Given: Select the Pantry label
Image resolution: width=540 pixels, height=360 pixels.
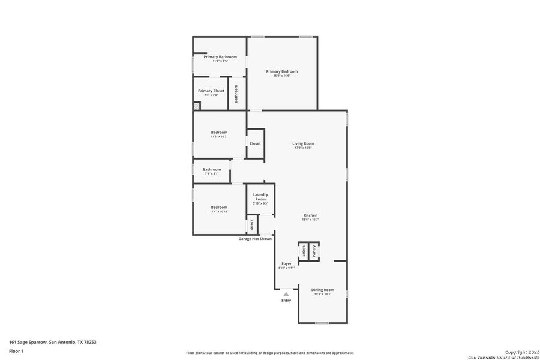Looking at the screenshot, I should point(313,251).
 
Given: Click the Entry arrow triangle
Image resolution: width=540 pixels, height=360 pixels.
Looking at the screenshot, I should point(286,293).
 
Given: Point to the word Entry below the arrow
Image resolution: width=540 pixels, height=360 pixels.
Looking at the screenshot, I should point(286,300).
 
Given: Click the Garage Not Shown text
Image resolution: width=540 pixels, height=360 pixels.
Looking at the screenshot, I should point(255,239).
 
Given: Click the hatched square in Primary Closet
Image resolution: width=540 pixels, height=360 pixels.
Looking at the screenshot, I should point(196,107).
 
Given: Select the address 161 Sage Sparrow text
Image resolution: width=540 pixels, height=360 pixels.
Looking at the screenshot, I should point(53,342).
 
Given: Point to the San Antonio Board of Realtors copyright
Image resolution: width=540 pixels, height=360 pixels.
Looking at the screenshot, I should point(504,355).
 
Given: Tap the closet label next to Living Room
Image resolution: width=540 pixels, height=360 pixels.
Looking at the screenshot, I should point(255,143).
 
